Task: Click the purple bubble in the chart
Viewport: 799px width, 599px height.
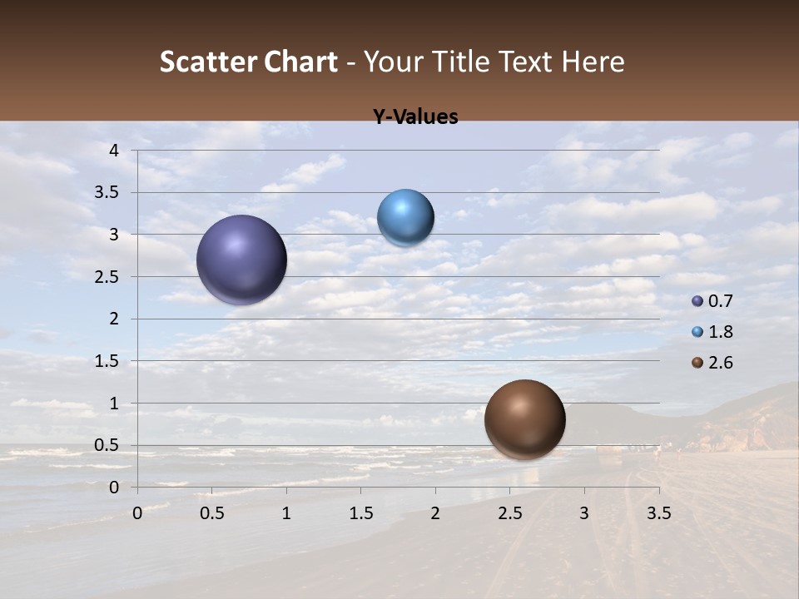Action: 241,260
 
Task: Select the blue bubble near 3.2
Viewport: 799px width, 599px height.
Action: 405,218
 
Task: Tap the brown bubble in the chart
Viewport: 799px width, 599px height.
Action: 524,419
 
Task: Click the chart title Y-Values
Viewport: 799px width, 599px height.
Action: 415,117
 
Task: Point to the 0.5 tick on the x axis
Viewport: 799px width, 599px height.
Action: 211,513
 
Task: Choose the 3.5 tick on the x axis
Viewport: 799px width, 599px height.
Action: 658,513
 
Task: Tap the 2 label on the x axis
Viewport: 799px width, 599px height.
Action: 435,513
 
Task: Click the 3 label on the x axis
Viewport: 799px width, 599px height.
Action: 584,513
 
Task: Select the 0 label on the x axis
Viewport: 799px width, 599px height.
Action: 137,513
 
